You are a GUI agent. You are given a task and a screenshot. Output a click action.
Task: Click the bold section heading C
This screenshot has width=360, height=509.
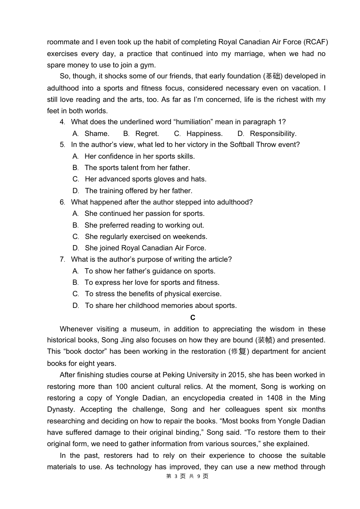[x=193, y=318]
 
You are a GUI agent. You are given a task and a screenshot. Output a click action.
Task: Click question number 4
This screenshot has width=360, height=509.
[x=62, y=122]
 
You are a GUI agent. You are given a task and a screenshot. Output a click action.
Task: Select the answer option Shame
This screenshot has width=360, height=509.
[x=97, y=134]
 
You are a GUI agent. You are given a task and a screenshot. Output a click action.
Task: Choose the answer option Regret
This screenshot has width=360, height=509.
[x=147, y=134]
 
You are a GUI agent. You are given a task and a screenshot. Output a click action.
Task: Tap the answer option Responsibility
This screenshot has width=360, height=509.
[x=273, y=134]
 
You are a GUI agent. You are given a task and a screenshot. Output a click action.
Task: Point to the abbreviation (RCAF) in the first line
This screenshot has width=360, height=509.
[x=316, y=42]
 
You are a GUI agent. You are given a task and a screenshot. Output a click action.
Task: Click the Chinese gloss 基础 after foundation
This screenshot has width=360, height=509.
[x=273, y=76]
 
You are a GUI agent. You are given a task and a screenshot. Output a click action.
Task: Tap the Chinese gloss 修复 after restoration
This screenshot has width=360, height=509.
[x=239, y=351]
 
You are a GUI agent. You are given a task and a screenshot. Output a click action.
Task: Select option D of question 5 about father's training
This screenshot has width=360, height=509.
[x=138, y=191]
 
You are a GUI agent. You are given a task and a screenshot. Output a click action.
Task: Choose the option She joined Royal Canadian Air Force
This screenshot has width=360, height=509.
[x=145, y=248]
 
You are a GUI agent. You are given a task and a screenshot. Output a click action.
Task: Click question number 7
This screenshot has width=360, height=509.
[x=62, y=259]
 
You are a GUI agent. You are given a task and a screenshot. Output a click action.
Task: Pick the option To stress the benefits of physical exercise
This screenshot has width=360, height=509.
[x=153, y=294]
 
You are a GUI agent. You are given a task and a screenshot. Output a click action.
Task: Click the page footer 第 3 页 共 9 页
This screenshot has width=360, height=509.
[x=187, y=476]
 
